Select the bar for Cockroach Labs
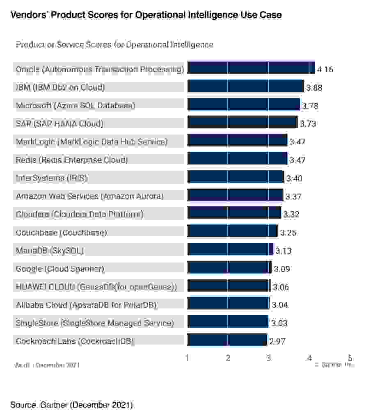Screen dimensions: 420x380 tap(227, 340)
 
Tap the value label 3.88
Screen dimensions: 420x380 tap(314, 87)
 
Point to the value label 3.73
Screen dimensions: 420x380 tap(308, 124)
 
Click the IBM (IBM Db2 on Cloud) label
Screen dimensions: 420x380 tap(60, 87)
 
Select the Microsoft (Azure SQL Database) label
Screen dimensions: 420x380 tap(76, 105)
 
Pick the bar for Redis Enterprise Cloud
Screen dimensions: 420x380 tap(237, 159)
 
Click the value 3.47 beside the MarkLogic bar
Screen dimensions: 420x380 tap(298, 142)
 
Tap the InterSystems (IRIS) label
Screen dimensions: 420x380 tap(52, 178)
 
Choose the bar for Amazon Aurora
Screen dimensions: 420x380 tap(235, 195)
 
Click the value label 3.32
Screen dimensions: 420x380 tap(291, 215)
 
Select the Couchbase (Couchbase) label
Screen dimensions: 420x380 tap(62, 233)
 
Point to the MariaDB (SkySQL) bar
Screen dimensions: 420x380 tap(230, 249)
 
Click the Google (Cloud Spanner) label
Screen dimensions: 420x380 tap(60, 269)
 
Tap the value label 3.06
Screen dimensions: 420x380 tap(281, 288)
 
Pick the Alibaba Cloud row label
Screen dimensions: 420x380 tap(87, 305)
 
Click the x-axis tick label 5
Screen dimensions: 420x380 tap(350, 358)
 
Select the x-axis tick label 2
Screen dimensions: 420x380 tap(228, 358)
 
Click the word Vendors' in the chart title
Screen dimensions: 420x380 tap(28, 15)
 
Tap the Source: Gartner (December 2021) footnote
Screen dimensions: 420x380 tap(71, 405)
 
